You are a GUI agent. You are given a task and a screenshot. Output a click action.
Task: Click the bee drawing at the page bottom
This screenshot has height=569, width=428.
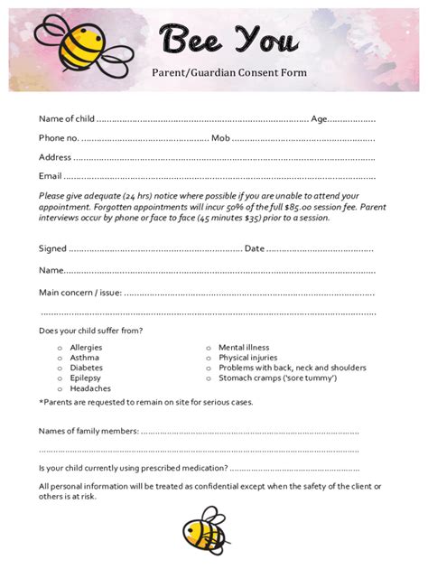[205, 536]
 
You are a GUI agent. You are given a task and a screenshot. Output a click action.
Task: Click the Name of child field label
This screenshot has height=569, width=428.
[66, 118]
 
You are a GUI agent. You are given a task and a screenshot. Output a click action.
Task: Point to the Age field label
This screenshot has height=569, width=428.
[319, 118]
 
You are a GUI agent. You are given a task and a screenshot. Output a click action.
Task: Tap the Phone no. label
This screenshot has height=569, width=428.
[58, 137]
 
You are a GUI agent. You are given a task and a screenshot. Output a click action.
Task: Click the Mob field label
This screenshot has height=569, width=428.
[220, 137]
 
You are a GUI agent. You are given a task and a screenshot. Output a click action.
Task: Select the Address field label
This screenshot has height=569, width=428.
[55, 156]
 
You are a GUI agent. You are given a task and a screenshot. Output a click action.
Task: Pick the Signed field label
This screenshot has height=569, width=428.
[52, 248]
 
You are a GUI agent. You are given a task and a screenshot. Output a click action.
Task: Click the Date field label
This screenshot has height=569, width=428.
[254, 248]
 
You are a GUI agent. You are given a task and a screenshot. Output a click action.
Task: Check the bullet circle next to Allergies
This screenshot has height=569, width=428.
[60, 348]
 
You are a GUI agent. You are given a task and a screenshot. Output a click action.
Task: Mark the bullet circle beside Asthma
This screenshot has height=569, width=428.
[60, 358]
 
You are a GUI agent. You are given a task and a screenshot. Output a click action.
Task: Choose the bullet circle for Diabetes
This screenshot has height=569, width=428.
[60, 368]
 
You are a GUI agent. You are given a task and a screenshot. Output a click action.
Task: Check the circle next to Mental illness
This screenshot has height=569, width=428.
[209, 348]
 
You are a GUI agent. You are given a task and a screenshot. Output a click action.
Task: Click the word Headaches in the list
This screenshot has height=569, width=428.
[90, 388]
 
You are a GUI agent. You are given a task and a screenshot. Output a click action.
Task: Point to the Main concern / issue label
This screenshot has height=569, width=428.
[79, 292]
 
